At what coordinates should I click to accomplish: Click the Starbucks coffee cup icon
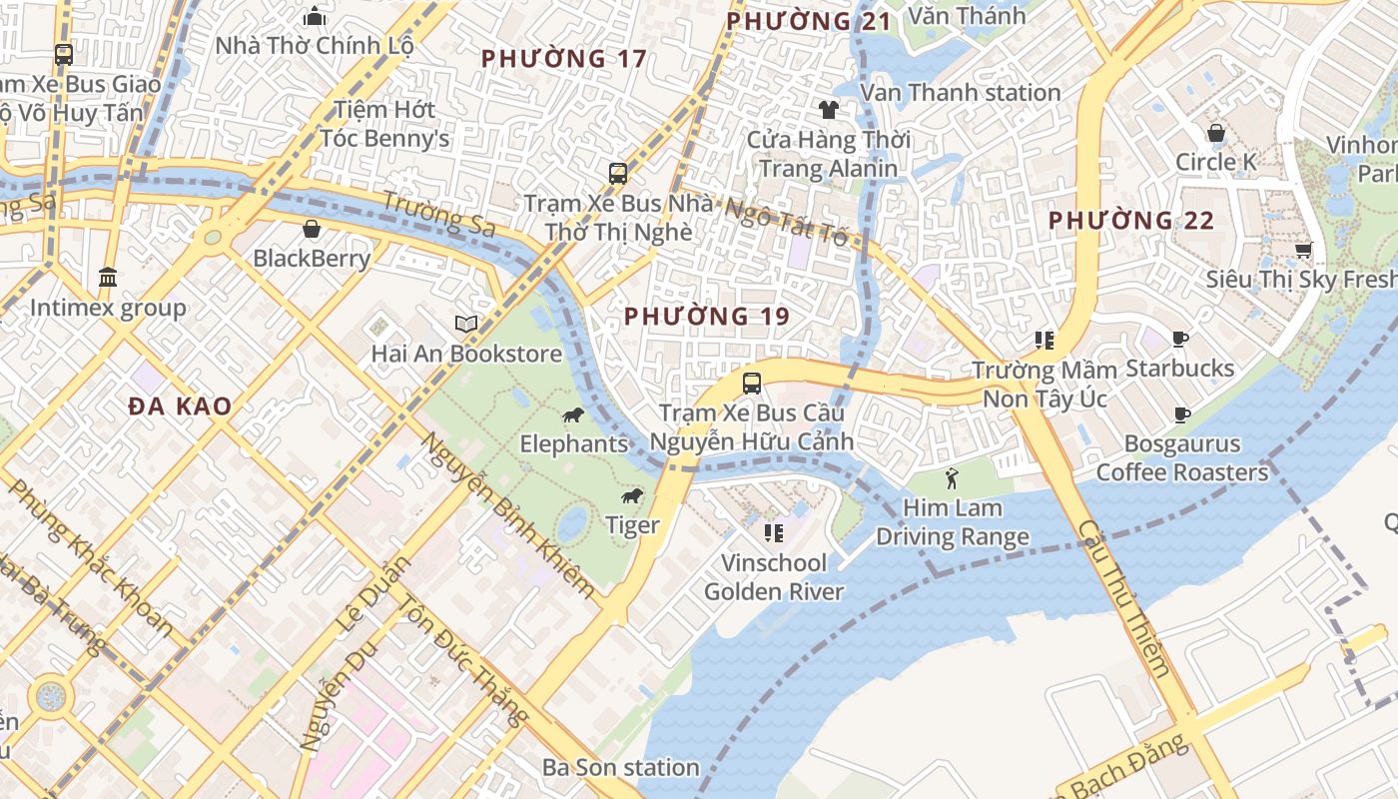[x=1180, y=340]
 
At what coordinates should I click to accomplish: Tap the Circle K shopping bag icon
[x=1216, y=132]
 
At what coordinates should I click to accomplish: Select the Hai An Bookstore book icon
[x=466, y=324]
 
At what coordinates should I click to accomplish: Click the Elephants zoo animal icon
[x=572, y=414]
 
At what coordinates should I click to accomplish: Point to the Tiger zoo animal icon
[x=631, y=495]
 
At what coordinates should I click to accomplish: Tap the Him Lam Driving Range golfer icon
[x=952, y=478]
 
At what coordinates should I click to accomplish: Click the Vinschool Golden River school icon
[x=773, y=533]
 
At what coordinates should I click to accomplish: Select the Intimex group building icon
[x=108, y=277]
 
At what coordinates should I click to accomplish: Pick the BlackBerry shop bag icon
[x=312, y=229]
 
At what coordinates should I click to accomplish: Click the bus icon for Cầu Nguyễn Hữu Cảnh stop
[x=751, y=383]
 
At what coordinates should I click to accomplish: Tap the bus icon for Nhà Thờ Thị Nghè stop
[x=618, y=173]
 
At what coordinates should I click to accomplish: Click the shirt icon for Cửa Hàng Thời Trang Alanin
[x=828, y=109]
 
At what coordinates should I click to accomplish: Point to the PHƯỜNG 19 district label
[x=707, y=317]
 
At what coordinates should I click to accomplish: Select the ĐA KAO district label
[x=180, y=406]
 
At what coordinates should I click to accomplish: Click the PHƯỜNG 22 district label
[x=1130, y=221]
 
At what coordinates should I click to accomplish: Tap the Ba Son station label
[x=620, y=767]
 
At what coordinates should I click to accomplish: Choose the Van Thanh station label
[x=960, y=93]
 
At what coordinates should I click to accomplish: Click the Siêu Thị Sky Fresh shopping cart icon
[x=1302, y=250]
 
